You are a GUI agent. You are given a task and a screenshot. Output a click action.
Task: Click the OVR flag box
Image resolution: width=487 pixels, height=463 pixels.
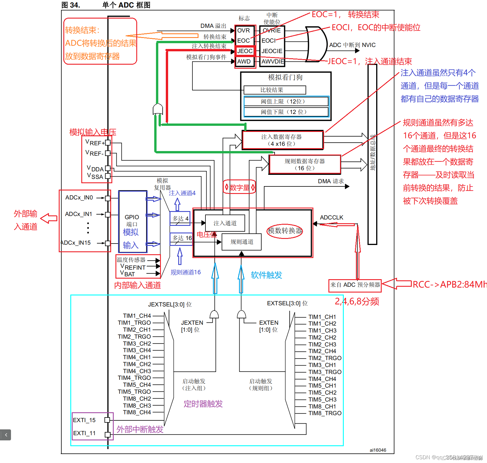point(244,30)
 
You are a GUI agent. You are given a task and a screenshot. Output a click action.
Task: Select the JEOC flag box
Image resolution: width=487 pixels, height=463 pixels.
point(245,51)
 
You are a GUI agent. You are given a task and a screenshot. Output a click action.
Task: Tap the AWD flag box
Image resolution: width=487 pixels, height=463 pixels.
point(244,61)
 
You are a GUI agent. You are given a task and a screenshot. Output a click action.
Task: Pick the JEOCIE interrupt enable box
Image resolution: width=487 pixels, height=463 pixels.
point(272,51)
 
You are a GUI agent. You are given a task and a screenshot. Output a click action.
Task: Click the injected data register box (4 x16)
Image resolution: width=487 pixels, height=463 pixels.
point(282,140)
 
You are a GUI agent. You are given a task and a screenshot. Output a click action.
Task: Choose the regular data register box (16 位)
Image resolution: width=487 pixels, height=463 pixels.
point(305,165)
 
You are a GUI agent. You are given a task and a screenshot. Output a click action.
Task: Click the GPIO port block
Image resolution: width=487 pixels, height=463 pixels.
point(132,222)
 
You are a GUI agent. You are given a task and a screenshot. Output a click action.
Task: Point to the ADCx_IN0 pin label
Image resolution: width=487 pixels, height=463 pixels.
point(79,198)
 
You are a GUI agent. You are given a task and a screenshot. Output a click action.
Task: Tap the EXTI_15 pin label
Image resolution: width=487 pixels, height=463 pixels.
point(84,420)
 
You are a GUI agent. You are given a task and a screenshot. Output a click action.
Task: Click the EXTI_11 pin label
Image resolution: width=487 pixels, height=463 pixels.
point(84,433)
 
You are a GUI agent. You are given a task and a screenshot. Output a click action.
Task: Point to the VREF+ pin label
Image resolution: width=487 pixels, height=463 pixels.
point(95,142)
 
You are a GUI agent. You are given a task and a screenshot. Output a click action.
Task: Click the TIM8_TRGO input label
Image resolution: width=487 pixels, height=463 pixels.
point(325,413)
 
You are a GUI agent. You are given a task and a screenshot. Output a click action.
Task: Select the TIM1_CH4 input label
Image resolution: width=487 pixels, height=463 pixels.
point(137,316)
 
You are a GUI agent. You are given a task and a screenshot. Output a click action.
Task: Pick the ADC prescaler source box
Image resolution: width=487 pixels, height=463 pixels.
point(355,285)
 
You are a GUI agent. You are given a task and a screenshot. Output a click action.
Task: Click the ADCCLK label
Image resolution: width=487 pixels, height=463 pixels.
point(331,217)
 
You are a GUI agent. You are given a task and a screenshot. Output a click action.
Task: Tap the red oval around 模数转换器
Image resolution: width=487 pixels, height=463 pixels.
point(285,231)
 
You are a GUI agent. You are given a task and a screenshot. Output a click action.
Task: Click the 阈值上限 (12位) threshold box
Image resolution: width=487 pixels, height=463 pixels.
point(286,101)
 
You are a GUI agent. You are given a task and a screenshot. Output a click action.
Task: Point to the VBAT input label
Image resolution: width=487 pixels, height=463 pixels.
point(128,273)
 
